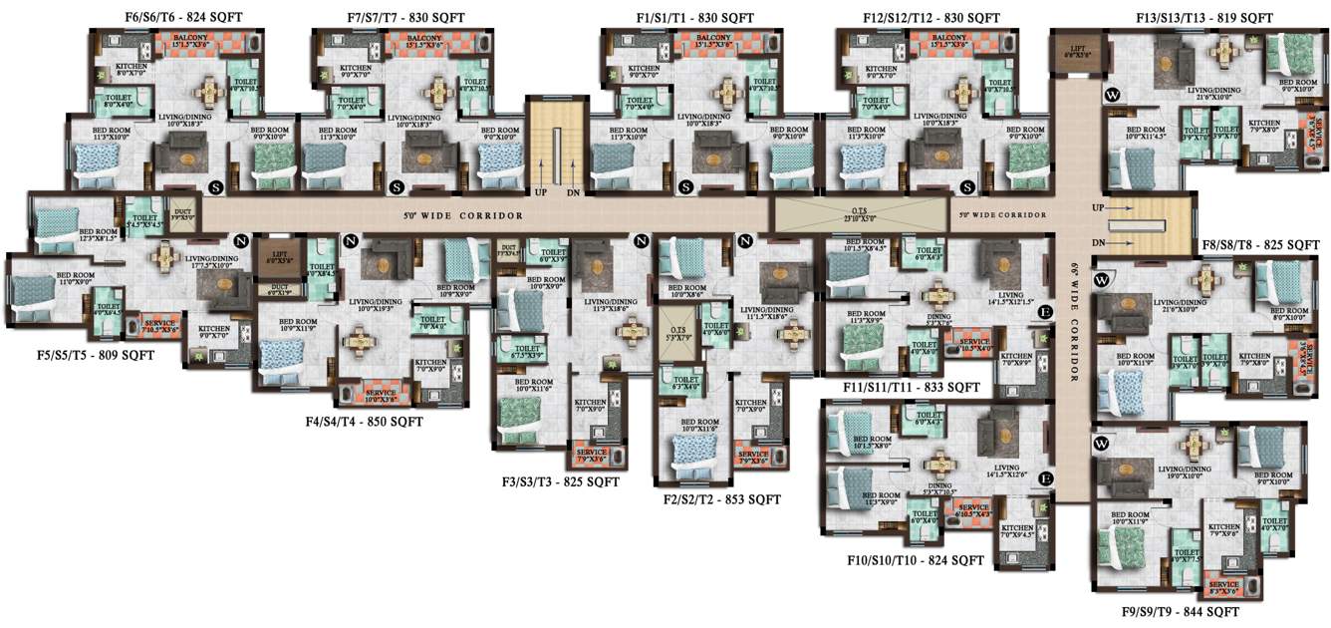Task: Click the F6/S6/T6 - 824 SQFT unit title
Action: [183, 17]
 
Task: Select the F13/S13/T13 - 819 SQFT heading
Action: [1204, 18]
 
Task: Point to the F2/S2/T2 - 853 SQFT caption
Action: [722, 499]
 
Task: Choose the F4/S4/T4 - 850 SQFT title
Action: [365, 422]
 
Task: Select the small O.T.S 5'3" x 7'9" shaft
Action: [677, 325]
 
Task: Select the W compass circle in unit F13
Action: [1112, 96]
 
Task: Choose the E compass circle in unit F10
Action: [1046, 479]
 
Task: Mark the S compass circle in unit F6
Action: [214, 186]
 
